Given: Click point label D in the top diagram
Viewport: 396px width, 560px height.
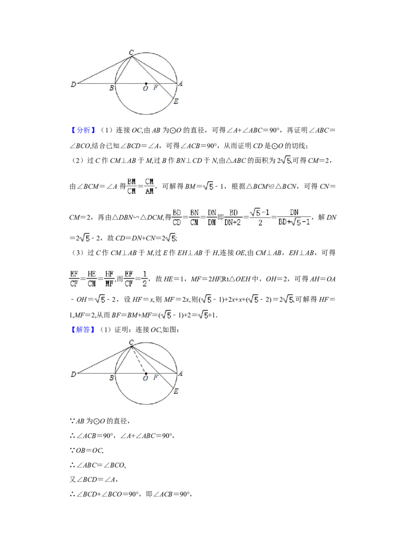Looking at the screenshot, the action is (73, 85).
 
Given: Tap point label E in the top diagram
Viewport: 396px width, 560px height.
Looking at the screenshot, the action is (176, 102).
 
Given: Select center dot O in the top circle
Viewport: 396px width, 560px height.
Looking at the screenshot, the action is (146, 84).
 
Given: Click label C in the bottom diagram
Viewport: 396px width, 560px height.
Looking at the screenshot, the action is (131, 342).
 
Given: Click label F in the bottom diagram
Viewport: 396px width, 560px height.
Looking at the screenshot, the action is (155, 377).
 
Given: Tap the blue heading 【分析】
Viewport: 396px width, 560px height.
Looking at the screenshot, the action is (83, 130).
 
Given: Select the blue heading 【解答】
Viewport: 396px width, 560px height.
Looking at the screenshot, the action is (83, 329).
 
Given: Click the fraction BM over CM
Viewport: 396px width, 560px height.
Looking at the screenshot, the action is (132, 187).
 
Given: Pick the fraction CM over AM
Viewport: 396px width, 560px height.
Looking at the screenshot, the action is (149, 187).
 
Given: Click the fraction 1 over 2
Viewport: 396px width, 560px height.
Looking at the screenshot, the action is (145, 279).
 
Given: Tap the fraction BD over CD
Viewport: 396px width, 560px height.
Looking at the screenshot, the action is (177, 218).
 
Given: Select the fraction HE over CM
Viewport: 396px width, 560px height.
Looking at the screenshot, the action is (92, 279).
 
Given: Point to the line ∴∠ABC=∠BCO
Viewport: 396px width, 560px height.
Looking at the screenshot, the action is (98, 465).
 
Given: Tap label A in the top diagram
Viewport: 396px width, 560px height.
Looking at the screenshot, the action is (181, 84).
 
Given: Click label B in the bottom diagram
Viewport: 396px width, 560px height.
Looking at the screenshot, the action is (111, 378).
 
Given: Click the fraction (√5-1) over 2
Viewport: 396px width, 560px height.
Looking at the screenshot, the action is (260, 218).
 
